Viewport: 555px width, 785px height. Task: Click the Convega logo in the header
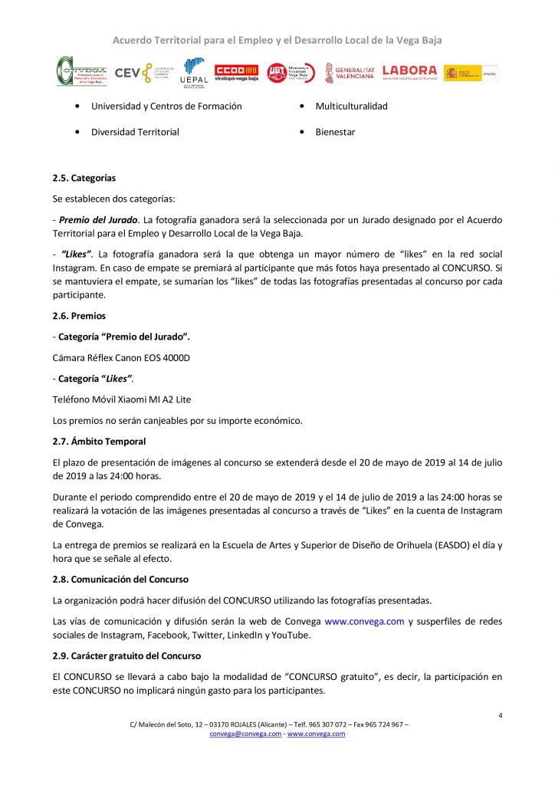point(81,71)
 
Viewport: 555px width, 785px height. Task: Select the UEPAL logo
point(192,73)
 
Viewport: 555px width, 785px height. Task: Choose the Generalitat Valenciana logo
point(349,73)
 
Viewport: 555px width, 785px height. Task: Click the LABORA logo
point(409,72)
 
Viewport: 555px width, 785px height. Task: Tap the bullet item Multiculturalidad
point(351,106)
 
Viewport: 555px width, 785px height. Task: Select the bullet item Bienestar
point(335,132)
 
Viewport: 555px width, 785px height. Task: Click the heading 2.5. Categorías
point(84,179)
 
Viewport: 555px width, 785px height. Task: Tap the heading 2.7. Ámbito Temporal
point(99,442)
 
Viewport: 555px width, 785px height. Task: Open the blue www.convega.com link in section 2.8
point(364,622)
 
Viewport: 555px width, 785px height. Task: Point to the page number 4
point(500,716)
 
